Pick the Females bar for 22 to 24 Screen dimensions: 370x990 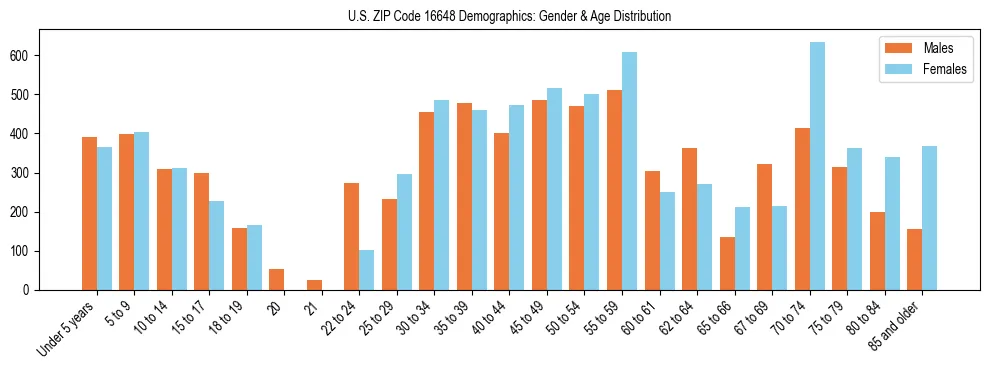point(367,270)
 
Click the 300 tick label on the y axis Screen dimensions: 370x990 point(27,173)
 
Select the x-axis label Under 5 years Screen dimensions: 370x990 point(68,325)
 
